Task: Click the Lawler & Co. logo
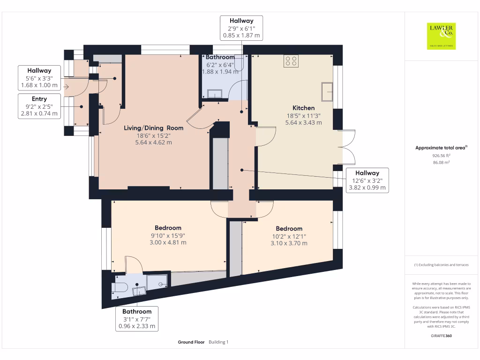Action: (x=441, y=36)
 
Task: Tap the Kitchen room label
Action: (x=303, y=108)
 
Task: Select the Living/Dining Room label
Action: (x=153, y=128)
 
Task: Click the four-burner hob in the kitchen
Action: (x=291, y=61)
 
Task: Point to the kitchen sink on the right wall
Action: (x=327, y=91)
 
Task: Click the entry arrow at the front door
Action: (x=66, y=87)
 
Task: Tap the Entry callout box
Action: (x=39, y=106)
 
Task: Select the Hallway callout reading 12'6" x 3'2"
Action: (x=367, y=180)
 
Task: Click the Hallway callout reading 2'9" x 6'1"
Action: (x=241, y=28)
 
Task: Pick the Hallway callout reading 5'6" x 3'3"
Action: (x=39, y=78)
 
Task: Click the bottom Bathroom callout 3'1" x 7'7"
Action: (x=137, y=319)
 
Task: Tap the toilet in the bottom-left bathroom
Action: (x=120, y=287)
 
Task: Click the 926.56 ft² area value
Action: (x=441, y=156)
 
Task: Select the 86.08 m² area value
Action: (x=441, y=163)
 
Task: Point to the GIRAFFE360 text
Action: (x=441, y=336)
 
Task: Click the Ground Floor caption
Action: (x=191, y=342)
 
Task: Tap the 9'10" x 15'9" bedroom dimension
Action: (x=168, y=236)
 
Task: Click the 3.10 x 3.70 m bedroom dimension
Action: (x=289, y=243)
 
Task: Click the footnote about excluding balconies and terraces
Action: (x=441, y=265)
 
